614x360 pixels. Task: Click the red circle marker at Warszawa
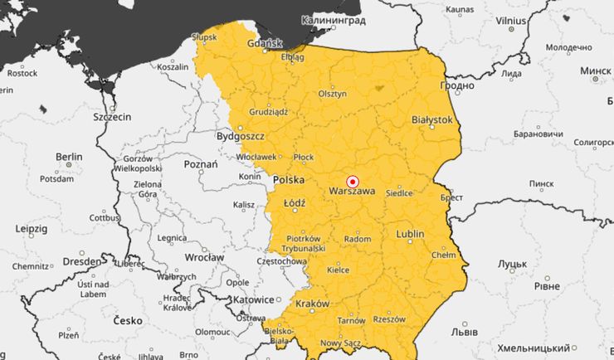352,181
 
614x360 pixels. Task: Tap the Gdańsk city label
265,42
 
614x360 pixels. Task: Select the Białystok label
432,119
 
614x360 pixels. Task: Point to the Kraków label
312,304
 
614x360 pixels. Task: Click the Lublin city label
410,234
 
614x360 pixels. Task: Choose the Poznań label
200,164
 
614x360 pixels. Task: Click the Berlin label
69,157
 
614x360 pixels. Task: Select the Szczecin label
112,117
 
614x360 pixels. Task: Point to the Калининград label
333,19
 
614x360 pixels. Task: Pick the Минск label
595,71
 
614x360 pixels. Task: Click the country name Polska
289,179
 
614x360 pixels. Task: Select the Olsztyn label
332,94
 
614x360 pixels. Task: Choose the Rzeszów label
388,319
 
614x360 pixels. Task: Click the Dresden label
82,260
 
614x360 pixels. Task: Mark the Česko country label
127,320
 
